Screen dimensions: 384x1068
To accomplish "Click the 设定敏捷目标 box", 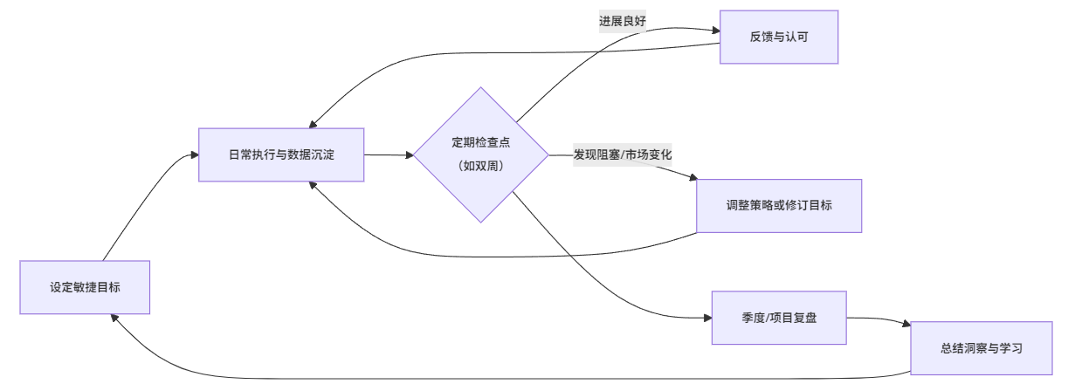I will [x=86, y=287].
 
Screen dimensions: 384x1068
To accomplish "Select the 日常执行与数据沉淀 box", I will [x=281, y=154].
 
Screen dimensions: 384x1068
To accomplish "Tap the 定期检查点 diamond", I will [x=480, y=141].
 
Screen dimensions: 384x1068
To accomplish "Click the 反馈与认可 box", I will [x=779, y=37].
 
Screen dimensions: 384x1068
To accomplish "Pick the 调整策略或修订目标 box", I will [x=779, y=206].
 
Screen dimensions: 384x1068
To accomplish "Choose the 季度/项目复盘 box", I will [x=779, y=318].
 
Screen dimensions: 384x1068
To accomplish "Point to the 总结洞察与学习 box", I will [x=982, y=347].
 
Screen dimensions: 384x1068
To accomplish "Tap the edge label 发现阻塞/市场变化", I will [x=623, y=154].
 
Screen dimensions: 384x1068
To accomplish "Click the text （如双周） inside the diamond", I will [x=480, y=166].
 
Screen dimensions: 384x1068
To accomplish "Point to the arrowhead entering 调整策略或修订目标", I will [x=692, y=180].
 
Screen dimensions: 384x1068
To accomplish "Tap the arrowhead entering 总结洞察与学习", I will [x=906, y=325].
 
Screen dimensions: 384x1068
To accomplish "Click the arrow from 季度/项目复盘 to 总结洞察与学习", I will [x=878, y=319].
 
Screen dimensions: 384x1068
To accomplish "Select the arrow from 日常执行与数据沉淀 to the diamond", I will [x=388, y=155].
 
